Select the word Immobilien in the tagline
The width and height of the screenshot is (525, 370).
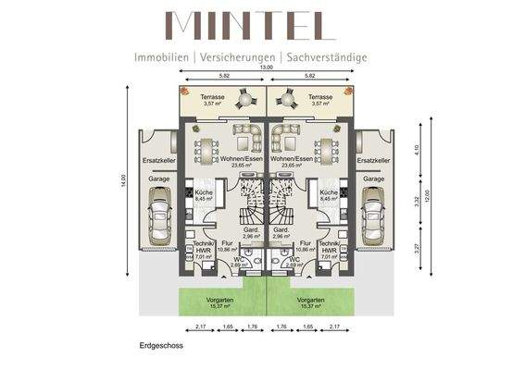(162, 56)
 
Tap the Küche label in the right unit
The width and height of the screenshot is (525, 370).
(329, 191)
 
